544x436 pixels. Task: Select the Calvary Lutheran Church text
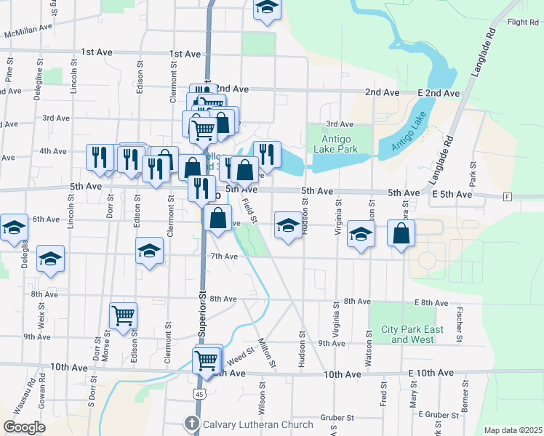(258, 424)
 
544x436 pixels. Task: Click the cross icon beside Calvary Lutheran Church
(192, 424)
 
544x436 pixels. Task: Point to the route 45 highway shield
(201, 394)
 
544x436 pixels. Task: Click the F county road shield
(507, 196)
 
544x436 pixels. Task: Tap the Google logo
(23, 427)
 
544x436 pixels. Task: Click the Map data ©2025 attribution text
(513, 430)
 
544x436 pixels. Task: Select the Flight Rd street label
(523, 23)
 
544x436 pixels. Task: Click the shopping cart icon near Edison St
(124, 315)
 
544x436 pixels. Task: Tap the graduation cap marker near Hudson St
(288, 225)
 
